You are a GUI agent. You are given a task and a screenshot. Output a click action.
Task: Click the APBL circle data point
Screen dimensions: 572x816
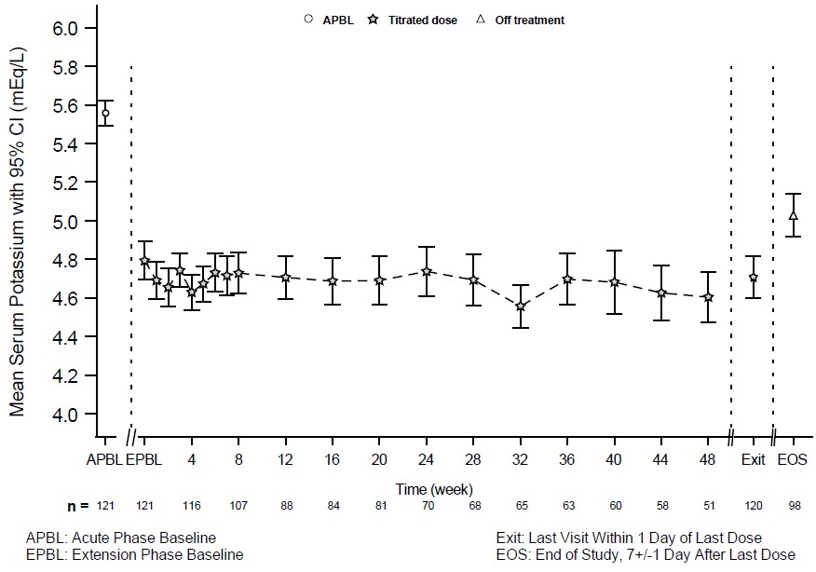104,113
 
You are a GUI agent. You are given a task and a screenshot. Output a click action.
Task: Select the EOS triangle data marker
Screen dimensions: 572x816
794,215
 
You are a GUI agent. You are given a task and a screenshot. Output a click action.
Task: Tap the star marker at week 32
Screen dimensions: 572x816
521,306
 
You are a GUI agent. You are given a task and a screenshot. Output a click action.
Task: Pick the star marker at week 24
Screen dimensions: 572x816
427,271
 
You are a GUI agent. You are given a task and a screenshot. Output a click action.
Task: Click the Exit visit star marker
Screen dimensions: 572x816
753,278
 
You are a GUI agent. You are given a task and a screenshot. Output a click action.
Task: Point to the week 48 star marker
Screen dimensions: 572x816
708,297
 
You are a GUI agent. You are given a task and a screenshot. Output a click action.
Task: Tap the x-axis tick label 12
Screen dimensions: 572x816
285,459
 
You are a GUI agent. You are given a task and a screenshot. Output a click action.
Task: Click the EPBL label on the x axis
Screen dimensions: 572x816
144,459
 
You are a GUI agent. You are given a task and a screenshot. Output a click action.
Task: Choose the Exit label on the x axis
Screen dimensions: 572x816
753,459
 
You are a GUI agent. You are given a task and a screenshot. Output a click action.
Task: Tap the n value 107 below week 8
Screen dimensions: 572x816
238,506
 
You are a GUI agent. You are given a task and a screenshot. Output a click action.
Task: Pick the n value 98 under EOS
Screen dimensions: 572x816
794,506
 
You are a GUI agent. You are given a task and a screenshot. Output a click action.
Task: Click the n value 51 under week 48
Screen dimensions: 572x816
708,506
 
